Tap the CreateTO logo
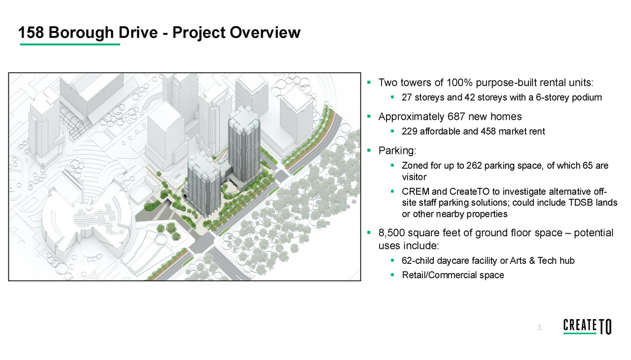pos(587,326)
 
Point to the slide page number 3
pos(539,328)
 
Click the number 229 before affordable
pos(409,132)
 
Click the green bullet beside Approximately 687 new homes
pos(369,117)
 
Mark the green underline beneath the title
pos(70,44)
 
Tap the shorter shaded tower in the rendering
pos(205,185)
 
